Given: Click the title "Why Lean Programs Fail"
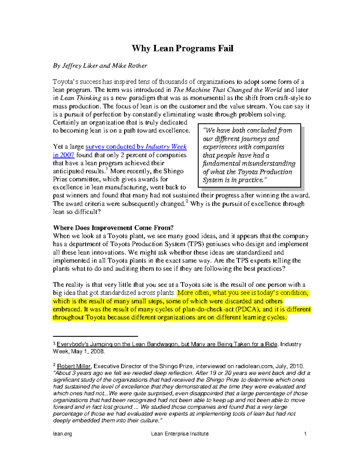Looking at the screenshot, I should [x=182, y=48].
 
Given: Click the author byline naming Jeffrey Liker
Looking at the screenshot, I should [x=100, y=66].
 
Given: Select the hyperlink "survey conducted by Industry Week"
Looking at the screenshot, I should [x=136, y=147].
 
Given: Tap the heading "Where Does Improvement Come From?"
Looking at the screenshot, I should [x=113, y=228].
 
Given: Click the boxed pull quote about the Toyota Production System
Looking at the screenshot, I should [x=249, y=155].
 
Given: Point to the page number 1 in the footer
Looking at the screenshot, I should [x=305, y=434].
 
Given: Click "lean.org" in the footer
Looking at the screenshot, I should [x=62, y=434].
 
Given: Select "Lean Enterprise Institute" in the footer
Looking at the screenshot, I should [x=180, y=434].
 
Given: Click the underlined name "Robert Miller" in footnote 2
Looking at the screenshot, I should [x=74, y=366].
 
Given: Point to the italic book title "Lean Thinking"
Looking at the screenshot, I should [x=81, y=98].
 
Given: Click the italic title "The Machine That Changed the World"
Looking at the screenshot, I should [x=227, y=90].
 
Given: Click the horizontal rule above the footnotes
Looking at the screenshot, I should [x=95, y=336].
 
